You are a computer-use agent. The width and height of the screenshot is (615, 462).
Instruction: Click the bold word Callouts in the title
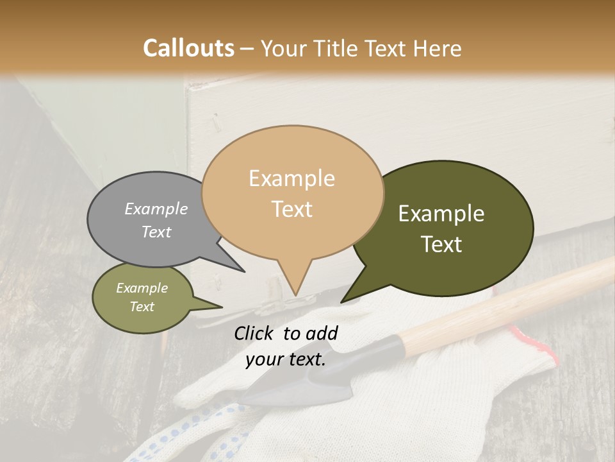188,48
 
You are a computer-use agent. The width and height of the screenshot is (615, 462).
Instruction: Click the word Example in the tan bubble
292,178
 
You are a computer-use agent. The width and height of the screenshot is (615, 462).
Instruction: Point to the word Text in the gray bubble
156,232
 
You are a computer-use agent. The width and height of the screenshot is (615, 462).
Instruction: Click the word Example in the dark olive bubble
441,214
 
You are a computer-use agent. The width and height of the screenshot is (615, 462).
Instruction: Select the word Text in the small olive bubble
142,307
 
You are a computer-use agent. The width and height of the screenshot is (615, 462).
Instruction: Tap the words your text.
286,359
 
